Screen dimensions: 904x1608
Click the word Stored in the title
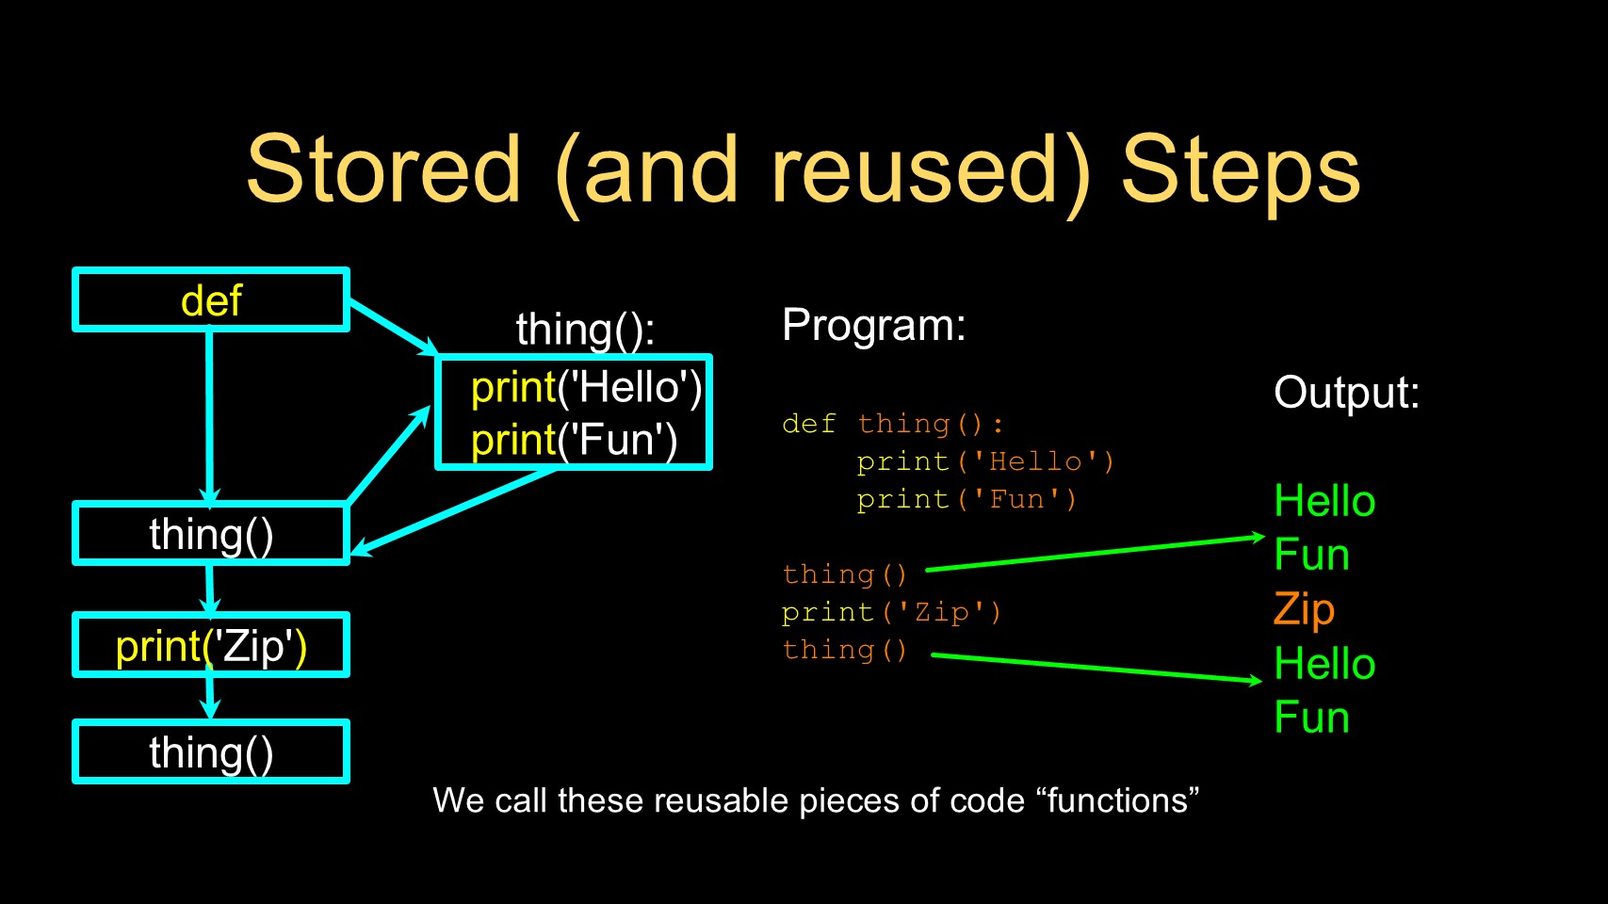382,169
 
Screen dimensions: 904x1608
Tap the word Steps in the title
1240,169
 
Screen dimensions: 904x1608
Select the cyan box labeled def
211,300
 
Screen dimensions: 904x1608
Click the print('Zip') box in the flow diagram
211,646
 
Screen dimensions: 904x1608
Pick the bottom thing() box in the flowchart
211,752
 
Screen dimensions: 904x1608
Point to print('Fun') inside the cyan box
574,440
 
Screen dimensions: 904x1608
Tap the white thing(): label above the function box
585,330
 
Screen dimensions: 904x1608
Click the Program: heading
873,326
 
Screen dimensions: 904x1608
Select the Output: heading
1346,393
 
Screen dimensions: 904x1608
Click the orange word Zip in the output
1304,609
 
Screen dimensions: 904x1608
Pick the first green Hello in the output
1324,501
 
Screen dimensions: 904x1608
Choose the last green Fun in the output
1311,718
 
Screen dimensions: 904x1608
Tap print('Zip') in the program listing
891,612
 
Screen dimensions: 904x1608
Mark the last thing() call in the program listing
844,650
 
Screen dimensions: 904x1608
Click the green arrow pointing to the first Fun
1093,554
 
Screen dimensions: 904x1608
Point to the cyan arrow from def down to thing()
209,414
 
